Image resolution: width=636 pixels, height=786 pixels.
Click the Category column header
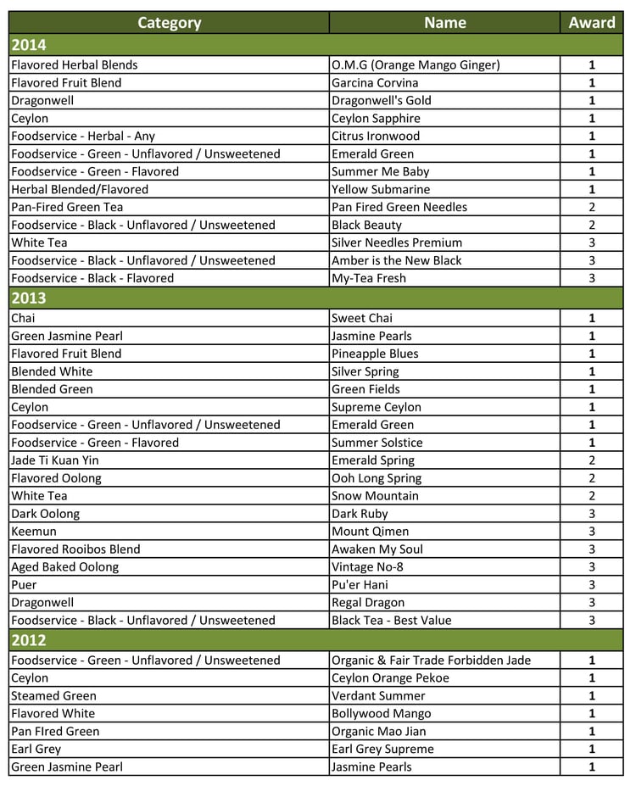169,23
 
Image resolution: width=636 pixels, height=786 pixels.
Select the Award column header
592,23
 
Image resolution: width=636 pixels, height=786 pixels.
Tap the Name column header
444,23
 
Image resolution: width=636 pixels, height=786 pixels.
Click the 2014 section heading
29,45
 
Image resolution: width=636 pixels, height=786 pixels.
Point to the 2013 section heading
29,298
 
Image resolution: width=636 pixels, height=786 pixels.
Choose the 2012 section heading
29,640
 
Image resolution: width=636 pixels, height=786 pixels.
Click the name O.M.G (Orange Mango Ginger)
416,65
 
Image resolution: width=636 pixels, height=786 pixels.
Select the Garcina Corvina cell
375,83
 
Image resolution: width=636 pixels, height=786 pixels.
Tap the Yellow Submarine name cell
381,190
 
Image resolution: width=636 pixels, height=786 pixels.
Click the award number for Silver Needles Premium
592,243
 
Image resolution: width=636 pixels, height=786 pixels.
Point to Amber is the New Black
396,261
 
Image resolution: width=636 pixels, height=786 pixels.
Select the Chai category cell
23,319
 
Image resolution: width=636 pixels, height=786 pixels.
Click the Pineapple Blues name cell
375,354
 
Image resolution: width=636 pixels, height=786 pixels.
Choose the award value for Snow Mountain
592,497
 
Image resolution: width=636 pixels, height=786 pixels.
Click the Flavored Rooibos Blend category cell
75,549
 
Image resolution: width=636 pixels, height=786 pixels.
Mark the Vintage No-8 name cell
371,567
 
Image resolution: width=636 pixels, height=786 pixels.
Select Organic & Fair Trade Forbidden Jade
431,661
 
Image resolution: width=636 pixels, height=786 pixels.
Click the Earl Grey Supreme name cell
382,750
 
